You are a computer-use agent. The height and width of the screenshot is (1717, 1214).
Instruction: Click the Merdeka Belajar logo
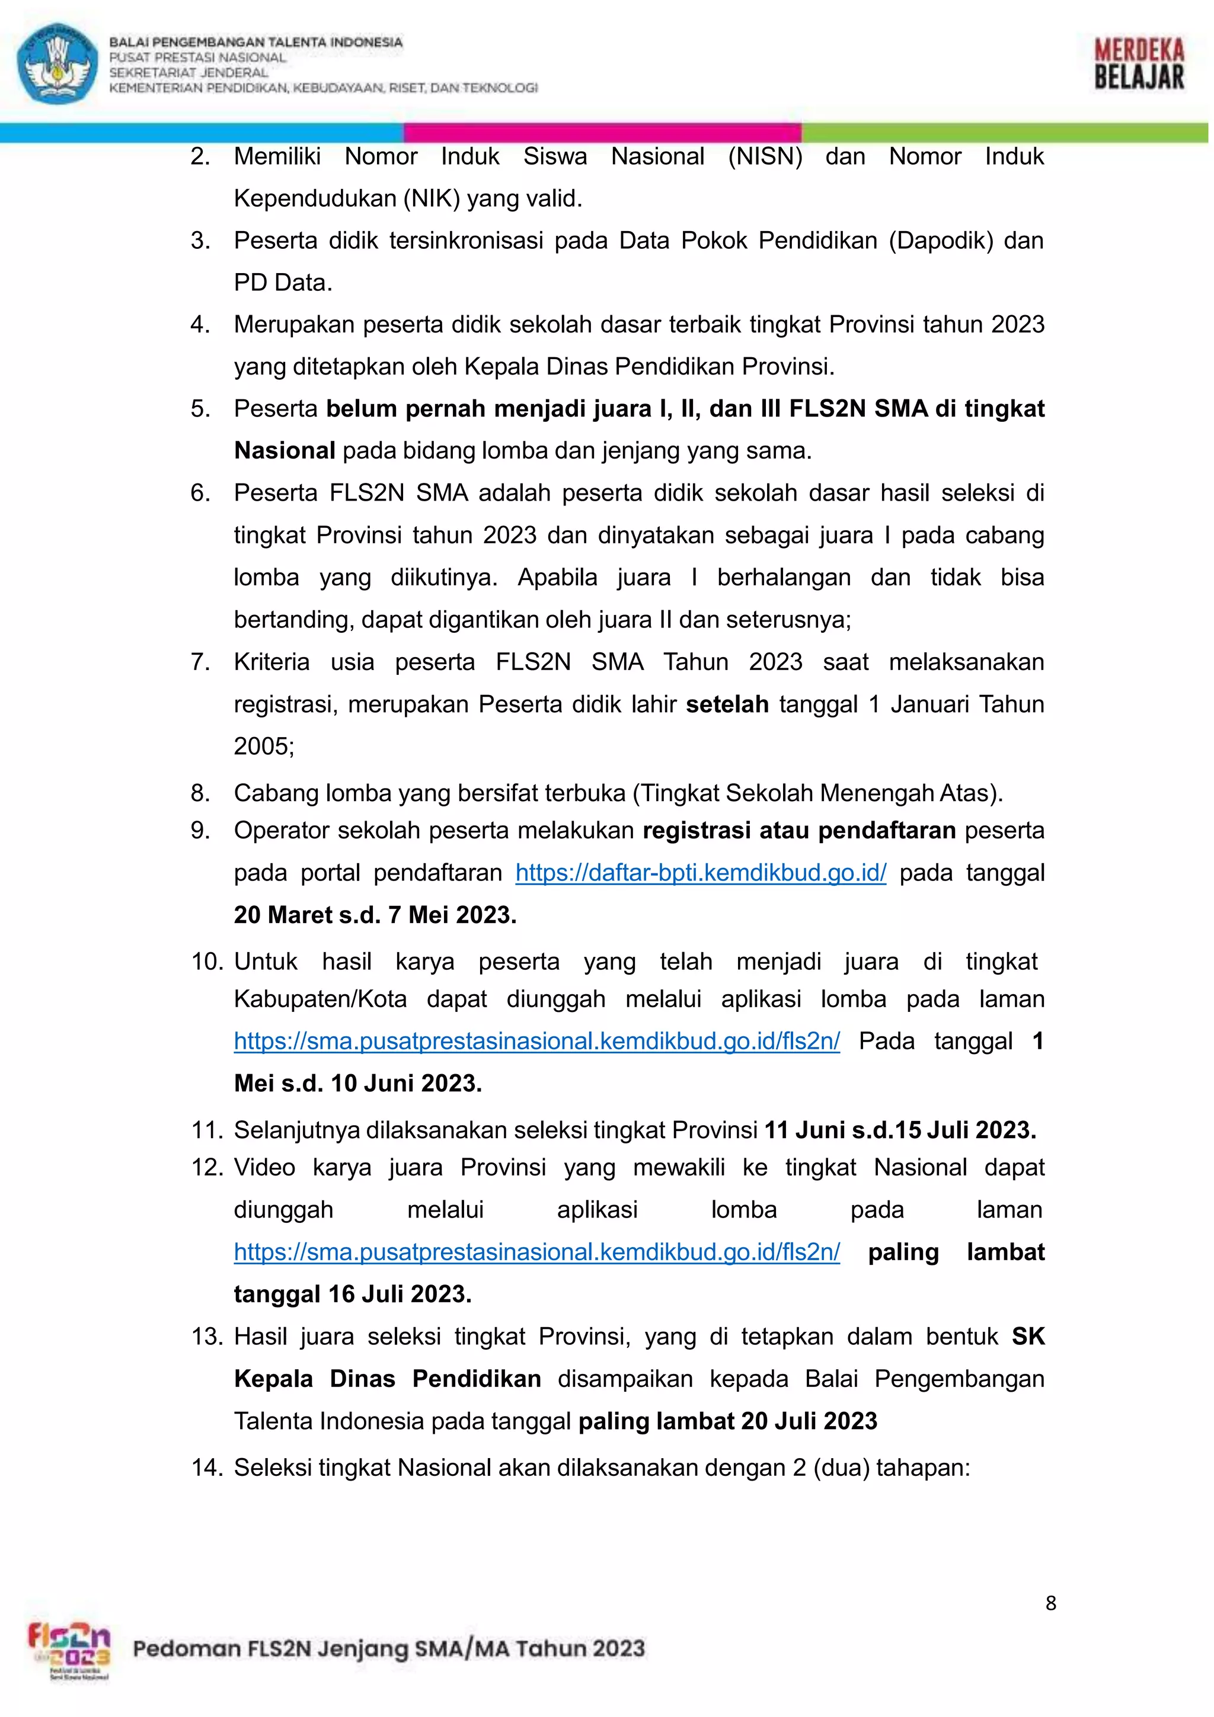pos(1139,65)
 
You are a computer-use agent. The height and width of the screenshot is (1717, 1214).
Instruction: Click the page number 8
pos(1050,1603)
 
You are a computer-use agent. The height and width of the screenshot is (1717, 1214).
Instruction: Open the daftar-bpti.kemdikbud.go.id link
pos(700,872)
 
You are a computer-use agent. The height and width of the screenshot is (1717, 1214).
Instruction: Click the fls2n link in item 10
pos(536,1040)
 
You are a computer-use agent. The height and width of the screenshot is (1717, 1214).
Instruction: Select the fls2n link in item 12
pos(536,1251)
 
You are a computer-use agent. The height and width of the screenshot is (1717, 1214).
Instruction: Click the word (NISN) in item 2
pos(765,156)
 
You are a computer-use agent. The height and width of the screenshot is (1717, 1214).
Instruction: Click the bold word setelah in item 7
pos(727,704)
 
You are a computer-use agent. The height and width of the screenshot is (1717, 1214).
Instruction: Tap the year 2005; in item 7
pos(264,745)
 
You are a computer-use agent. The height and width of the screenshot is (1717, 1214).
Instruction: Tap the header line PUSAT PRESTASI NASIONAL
pos(197,57)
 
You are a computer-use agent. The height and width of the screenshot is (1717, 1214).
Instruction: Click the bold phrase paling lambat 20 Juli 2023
pos(727,1420)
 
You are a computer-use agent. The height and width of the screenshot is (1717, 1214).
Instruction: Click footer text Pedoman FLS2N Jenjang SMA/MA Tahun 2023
pos(388,1648)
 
